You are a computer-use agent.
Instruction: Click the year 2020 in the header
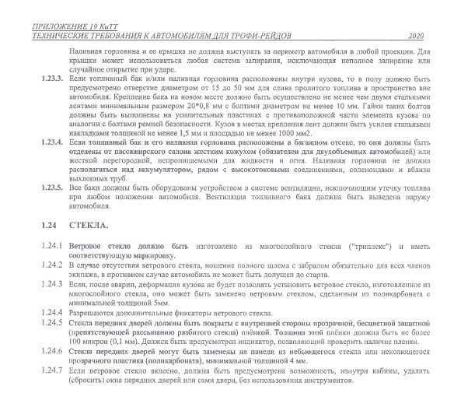coord(416,36)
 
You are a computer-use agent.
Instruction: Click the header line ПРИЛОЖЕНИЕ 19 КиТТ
coord(71,26)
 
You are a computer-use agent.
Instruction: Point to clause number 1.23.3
coord(53,80)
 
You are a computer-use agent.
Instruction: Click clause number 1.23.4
coord(53,143)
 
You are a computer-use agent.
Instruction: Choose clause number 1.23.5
coord(53,188)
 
